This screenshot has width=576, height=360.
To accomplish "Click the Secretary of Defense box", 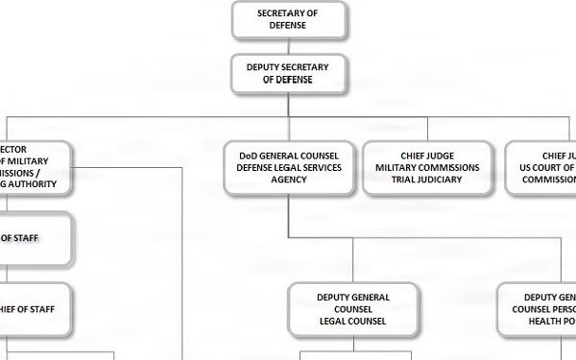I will pyautogui.click(x=288, y=19).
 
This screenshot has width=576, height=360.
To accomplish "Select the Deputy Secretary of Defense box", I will pyautogui.click(x=288, y=73).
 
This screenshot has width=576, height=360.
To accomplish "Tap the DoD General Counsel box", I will pyautogui.click(x=289, y=167).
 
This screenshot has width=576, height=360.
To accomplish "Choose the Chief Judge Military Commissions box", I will pyautogui.click(x=428, y=167).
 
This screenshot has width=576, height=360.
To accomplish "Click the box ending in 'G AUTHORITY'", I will pyautogui.click(x=35, y=167).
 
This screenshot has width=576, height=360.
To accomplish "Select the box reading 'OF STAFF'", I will pyautogui.click(x=35, y=238).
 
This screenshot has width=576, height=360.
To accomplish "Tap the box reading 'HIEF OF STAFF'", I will pyautogui.click(x=35, y=309).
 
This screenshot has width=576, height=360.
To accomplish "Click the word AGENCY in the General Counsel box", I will pyautogui.click(x=288, y=180).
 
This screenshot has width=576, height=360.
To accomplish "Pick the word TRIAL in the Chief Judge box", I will pyautogui.click(x=405, y=180).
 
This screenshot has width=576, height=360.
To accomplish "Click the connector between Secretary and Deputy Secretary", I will pyautogui.click(x=288, y=47).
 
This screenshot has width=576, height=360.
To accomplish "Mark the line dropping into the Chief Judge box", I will pyautogui.click(x=428, y=130).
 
